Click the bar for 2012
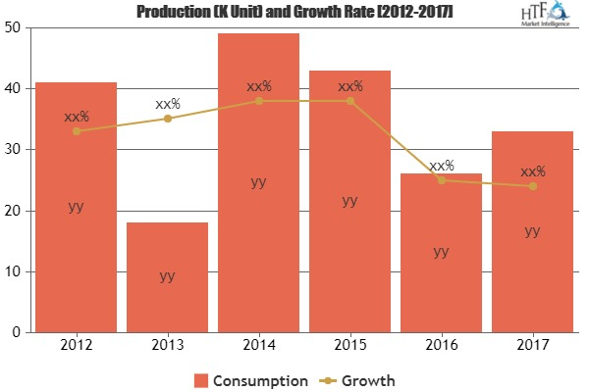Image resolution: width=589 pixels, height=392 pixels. click(76, 207)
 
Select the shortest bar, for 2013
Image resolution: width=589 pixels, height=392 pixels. click(167, 277)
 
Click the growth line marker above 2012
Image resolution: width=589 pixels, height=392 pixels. click(76, 131)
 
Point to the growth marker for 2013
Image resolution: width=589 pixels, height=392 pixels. click(167, 119)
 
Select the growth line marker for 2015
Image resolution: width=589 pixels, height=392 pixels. click(349, 101)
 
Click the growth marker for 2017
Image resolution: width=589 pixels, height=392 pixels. click(532, 186)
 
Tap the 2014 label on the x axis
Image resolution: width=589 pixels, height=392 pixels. click(258, 345)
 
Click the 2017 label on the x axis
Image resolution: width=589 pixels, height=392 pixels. click(532, 345)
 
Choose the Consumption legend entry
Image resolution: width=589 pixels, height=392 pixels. click(244, 378)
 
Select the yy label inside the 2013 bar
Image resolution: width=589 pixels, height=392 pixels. click(167, 276)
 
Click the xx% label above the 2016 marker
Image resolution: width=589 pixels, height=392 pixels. click(442, 166)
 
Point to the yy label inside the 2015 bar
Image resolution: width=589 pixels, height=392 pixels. click(349, 200)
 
